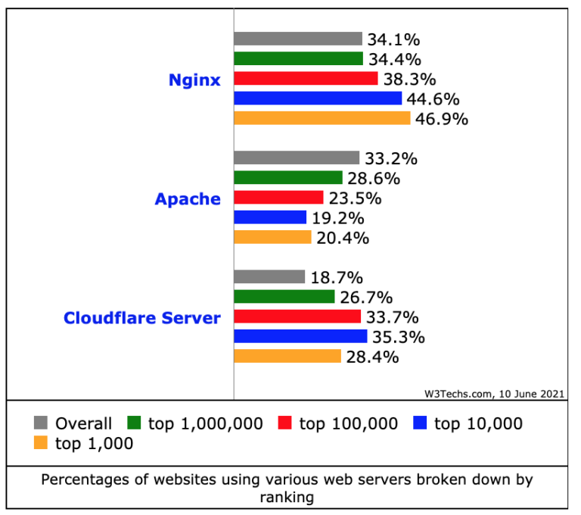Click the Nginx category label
click(x=194, y=80)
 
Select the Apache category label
click(x=188, y=199)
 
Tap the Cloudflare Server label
click(x=142, y=318)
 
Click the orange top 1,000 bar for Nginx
click(x=322, y=118)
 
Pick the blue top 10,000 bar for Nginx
click(x=318, y=98)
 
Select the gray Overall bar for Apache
click(x=297, y=158)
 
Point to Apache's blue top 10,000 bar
click(x=270, y=217)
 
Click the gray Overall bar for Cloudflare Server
click(x=269, y=277)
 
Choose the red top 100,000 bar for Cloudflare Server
click(x=297, y=317)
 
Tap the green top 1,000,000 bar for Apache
click(x=288, y=178)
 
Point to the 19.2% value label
click(x=339, y=218)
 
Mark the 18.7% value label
click(x=337, y=278)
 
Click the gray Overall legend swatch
click(x=42, y=423)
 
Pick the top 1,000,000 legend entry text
click(x=206, y=423)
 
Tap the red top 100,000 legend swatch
click(x=285, y=423)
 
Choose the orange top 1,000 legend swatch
click(x=42, y=444)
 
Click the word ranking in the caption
click(x=287, y=498)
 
